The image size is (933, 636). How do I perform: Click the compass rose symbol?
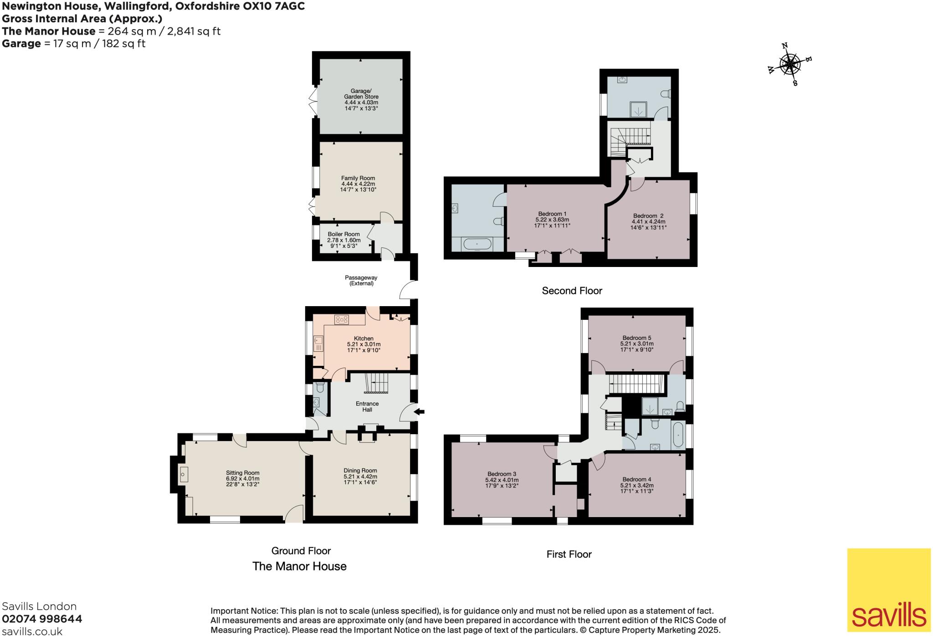(790, 65)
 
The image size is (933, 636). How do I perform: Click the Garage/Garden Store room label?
(361, 94)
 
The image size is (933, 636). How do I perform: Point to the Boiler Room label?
(343, 234)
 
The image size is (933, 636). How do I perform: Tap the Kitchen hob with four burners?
(342, 320)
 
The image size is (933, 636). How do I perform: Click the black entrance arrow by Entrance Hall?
(420, 412)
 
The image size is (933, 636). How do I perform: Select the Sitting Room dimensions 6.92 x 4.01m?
(242, 479)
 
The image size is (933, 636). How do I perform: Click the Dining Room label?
(360, 471)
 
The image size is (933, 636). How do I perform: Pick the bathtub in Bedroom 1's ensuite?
(477, 245)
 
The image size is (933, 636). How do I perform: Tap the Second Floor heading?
(572, 291)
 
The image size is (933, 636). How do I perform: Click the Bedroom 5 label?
(636, 338)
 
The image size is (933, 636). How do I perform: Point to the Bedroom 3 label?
(502, 474)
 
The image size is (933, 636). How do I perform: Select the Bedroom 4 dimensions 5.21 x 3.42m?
(636, 485)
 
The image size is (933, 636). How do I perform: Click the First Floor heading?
(569, 554)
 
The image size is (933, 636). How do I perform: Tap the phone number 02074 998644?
(42, 619)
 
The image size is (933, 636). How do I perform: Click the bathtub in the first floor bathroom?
(677, 436)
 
